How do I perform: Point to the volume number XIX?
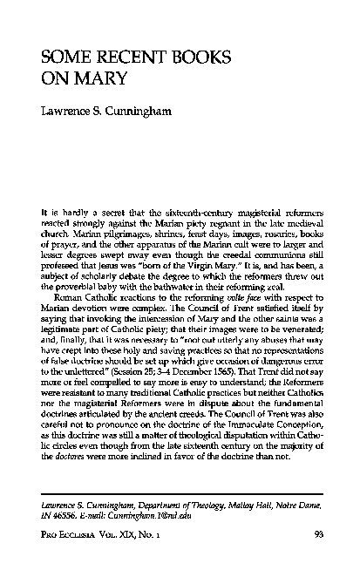click(x=145, y=551)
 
